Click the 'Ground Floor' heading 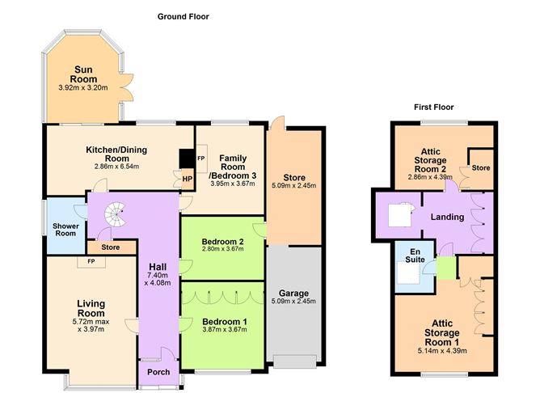(186, 16)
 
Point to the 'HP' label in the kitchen (188, 179)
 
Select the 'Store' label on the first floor (481, 168)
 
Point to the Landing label (447, 216)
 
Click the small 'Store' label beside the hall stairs (110, 247)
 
